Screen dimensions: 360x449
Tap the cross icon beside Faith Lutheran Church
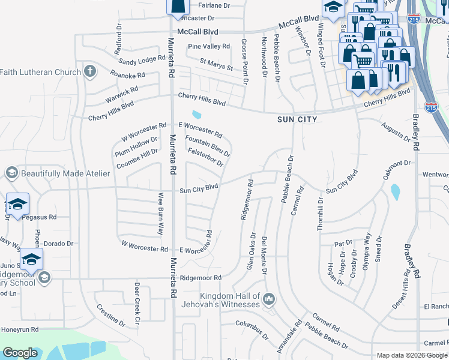point(90,72)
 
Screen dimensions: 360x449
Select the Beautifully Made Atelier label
point(65,173)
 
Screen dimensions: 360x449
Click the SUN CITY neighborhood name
point(297,120)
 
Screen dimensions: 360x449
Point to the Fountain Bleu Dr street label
point(208,146)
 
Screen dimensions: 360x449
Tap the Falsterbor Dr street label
point(205,158)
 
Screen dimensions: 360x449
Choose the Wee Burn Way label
point(161,214)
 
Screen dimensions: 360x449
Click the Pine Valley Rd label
point(208,46)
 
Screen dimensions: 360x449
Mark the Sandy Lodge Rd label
point(142,59)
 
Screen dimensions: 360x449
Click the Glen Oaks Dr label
point(251,251)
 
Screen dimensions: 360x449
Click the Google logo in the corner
point(20,353)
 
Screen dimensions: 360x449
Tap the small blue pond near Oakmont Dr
point(395,192)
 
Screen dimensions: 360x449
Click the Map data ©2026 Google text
point(412,355)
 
